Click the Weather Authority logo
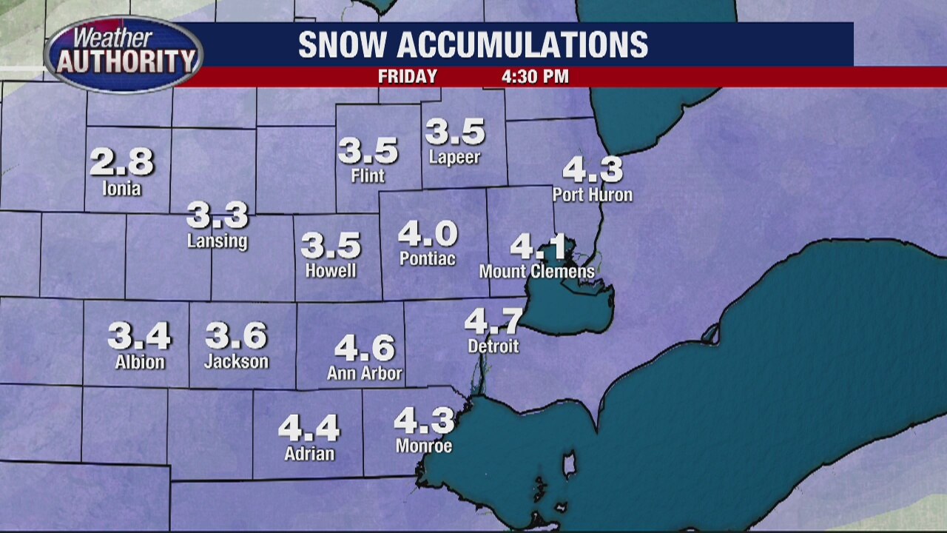124,54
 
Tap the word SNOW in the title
343,45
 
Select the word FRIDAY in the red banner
408,77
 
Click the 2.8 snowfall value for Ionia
122,162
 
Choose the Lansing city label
217,241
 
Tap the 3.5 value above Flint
368,151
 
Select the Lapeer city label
454,158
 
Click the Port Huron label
593,195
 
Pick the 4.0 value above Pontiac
428,235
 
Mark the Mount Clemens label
536,272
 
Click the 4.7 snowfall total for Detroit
493,321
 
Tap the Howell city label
331,271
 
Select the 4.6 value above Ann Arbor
365,348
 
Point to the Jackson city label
236,362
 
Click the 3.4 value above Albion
139,336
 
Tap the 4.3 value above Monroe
424,421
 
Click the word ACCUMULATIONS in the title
522,45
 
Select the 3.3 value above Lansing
217,215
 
